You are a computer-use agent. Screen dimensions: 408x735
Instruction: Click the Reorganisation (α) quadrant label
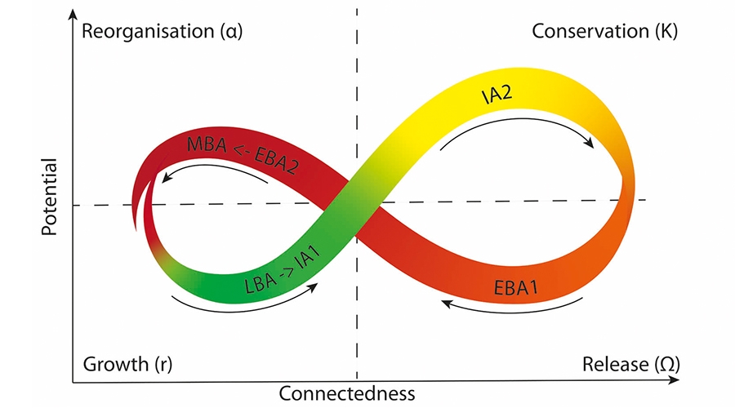coord(163,32)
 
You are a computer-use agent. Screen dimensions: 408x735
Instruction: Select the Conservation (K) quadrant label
coord(604,32)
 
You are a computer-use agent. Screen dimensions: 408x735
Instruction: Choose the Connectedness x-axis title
coord(347,393)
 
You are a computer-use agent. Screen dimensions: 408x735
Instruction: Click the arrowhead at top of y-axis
coord(73,15)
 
